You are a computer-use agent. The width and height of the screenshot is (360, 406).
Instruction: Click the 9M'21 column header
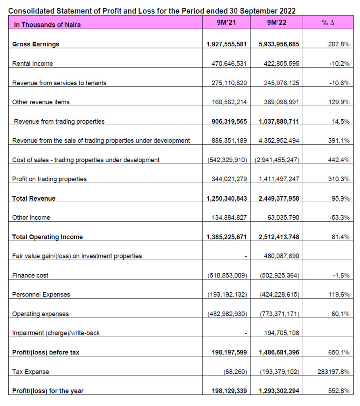click(226, 23)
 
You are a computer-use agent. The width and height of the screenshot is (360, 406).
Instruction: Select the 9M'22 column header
click(277, 23)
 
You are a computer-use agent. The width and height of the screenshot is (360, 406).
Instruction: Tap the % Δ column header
click(328, 23)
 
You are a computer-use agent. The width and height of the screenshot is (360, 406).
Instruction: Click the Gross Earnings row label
click(35, 44)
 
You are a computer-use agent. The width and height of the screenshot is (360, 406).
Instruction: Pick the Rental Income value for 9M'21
click(229, 64)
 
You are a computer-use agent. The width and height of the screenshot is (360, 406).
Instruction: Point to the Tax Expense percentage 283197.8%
click(333, 372)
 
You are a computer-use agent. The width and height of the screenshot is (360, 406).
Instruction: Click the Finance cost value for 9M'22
click(280, 275)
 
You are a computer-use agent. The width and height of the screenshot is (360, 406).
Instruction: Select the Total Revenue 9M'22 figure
click(279, 199)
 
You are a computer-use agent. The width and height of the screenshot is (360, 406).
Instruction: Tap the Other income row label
click(31, 218)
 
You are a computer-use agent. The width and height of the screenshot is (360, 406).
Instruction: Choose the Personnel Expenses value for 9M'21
click(227, 295)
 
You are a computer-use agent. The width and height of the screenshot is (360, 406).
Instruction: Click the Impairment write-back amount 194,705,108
click(282, 333)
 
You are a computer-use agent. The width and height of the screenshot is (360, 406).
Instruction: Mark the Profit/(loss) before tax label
click(46, 352)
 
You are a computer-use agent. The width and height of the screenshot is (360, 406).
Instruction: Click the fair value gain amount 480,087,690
click(281, 256)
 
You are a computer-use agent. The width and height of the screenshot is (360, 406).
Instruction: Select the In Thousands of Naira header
click(47, 25)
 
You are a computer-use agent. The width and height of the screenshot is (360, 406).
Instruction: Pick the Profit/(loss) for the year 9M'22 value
click(279, 391)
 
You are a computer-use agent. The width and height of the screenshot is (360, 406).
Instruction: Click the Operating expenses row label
click(40, 314)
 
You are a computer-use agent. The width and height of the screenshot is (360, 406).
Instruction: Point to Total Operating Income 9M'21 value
click(227, 237)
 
